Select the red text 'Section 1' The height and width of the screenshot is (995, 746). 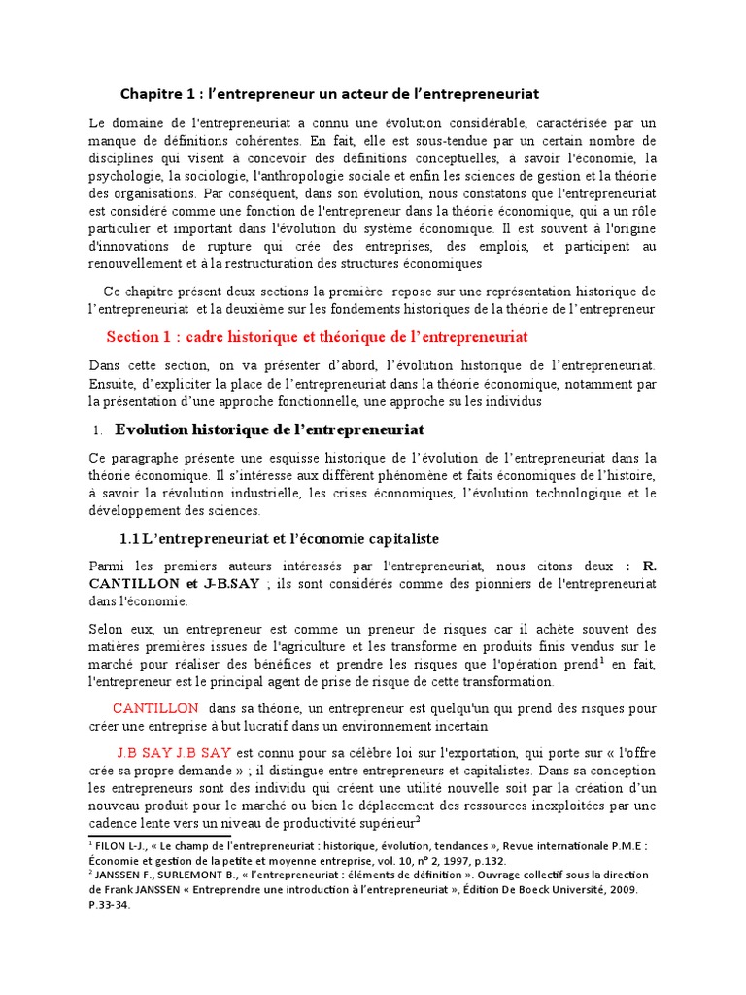tap(137, 337)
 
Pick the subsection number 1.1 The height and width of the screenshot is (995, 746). tap(129, 538)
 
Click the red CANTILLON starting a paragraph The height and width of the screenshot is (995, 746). tap(155, 708)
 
